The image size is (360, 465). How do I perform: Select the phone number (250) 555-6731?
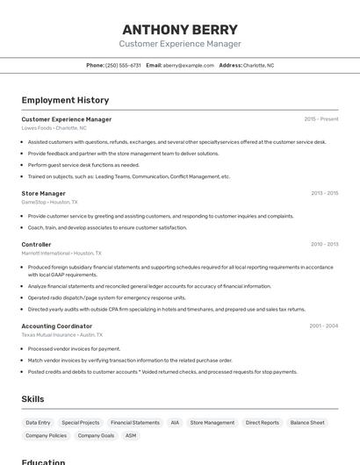[123, 65]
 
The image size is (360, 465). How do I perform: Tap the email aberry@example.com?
[188, 65]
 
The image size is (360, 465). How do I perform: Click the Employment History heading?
[65, 100]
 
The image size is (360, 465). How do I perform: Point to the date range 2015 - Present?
[320, 119]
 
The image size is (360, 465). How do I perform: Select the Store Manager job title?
[43, 193]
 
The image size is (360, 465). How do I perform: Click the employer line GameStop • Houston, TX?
[49, 202]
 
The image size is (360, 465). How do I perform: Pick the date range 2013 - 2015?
[324, 193]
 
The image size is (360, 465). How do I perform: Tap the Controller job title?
[36, 244]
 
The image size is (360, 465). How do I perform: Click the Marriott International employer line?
[61, 253]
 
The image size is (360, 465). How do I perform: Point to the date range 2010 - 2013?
[324, 244]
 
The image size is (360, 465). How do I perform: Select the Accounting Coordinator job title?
[56, 325]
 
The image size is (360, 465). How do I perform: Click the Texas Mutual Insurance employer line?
[61, 334]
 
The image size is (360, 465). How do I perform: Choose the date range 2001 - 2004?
[323, 325]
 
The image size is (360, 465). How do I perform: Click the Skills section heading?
[32, 399]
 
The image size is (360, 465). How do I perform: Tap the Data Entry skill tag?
[38, 423]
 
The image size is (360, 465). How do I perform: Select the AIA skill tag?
[175, 423]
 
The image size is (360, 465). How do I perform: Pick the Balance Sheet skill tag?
[307, 423]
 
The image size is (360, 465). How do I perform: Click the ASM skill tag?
[131, 435]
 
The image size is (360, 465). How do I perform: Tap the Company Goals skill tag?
[96, 435]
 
